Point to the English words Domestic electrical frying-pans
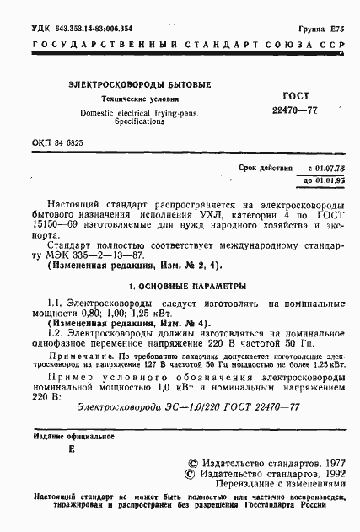click(x=140, y=111)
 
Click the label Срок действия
click(x=265, y=169)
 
